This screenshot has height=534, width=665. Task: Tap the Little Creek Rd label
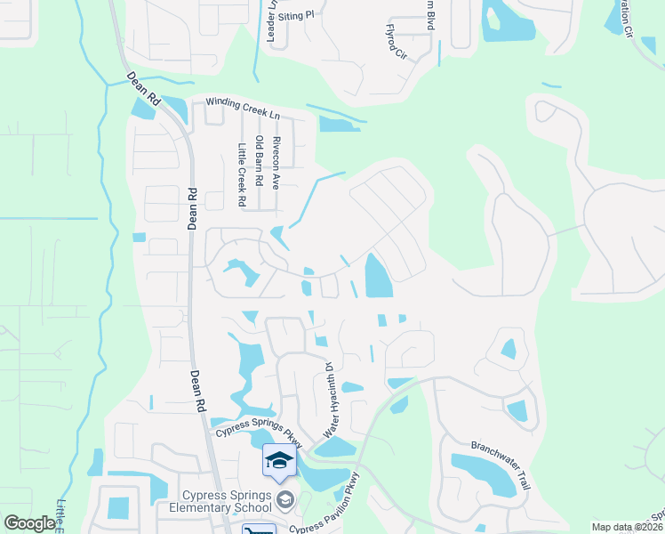pos(241,174)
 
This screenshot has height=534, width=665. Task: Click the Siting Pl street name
pos(297,15)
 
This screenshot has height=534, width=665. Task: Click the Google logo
pos(29,523)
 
